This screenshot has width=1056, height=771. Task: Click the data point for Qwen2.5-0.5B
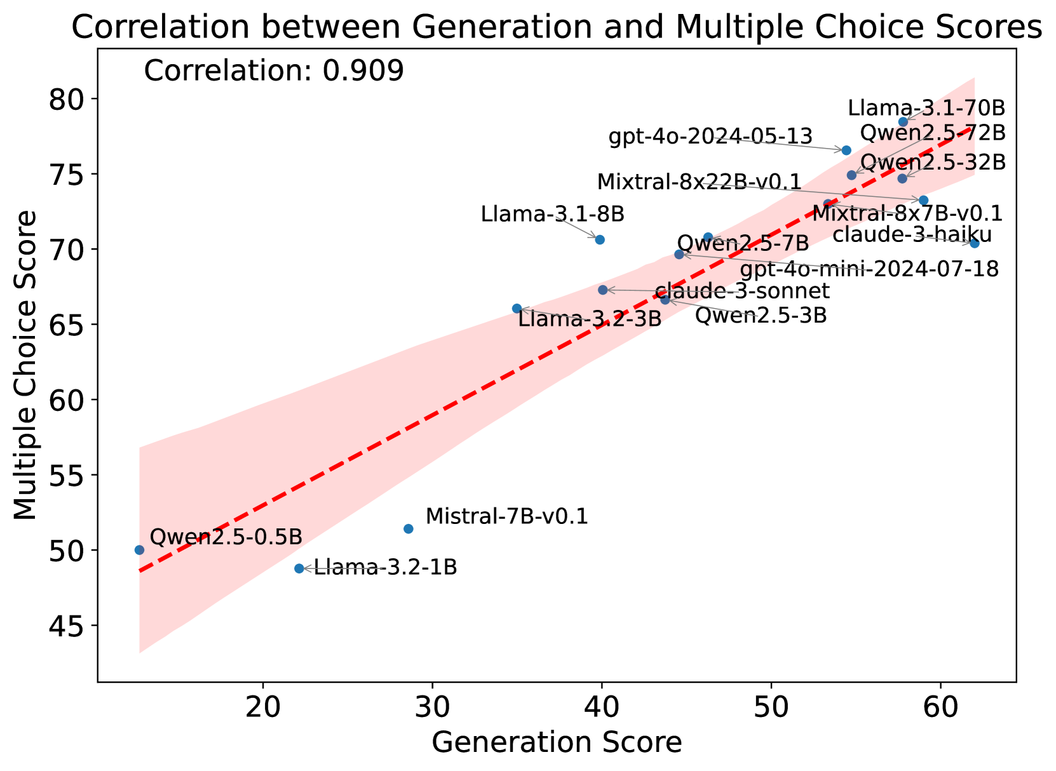coord(139,550)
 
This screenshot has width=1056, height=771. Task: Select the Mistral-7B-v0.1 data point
coord(409,529)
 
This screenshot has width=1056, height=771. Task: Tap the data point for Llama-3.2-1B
coord(299,568)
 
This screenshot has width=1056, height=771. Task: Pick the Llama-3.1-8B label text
coord(552,214)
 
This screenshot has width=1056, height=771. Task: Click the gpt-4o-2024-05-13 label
coord(710,137)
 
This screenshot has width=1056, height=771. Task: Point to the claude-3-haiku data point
coord(975,243)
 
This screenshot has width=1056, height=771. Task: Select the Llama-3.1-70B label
coord(926,108)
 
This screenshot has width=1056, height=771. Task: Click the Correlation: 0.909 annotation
coord(274,71)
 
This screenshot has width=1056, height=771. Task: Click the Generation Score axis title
coord(557,743)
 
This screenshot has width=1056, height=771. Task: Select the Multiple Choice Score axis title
coord(26,365)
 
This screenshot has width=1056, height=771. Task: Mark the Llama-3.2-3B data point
coord(517,309)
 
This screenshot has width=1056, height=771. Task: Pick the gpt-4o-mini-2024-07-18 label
coord(869,269)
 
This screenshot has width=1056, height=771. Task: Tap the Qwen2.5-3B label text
coord(761,315)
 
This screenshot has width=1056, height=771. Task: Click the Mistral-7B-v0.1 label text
coord(506,516)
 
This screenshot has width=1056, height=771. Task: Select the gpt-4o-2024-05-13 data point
coord(846,151)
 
